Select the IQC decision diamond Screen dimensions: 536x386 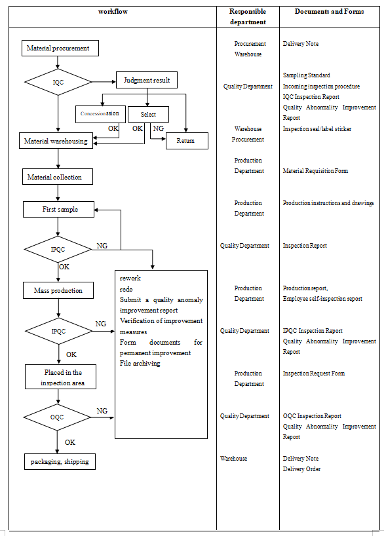58,82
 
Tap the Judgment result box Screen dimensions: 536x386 147,81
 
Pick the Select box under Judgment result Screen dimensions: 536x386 148,115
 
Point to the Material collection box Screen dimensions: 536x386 59,177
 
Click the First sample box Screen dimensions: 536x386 59,210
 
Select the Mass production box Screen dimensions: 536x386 58,290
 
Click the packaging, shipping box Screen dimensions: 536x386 59,462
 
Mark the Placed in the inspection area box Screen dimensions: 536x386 63,378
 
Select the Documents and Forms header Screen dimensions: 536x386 329,12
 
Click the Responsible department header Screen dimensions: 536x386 248,16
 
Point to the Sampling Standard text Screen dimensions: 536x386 306,75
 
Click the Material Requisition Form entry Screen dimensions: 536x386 315,171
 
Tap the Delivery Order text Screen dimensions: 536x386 301,469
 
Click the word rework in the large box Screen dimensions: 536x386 130,278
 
